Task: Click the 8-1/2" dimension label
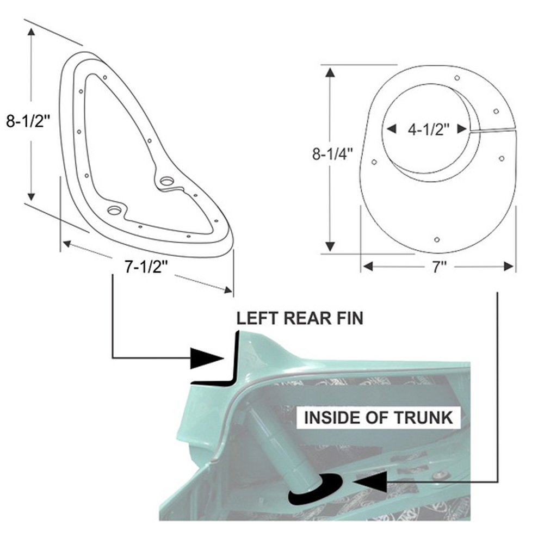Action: click(28, 121)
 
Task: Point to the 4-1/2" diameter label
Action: click(429, 129)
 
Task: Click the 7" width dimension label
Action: click(439, 267)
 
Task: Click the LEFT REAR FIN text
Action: click(300, 318)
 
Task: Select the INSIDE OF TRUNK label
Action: click(379, 418)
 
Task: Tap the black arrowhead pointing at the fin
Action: click(207, 358)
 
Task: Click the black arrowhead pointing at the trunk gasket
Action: click(370, 481)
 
